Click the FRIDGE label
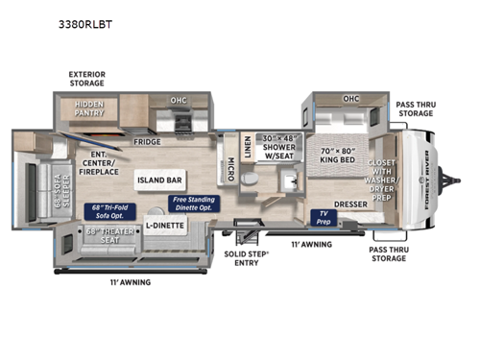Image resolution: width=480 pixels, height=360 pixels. tap(148, 141)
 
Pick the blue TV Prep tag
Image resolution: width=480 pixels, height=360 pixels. tap(323, 218)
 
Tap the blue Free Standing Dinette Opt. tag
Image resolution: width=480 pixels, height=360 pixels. tap(193, 204)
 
